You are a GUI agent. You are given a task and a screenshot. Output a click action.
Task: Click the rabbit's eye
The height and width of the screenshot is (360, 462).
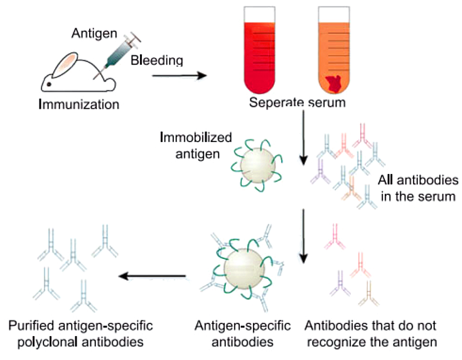(48, 83)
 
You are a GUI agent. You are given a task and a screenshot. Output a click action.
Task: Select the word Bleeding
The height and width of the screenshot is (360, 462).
(157, 61)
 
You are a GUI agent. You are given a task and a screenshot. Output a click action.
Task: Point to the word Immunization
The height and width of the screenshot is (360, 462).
(78, 104)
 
